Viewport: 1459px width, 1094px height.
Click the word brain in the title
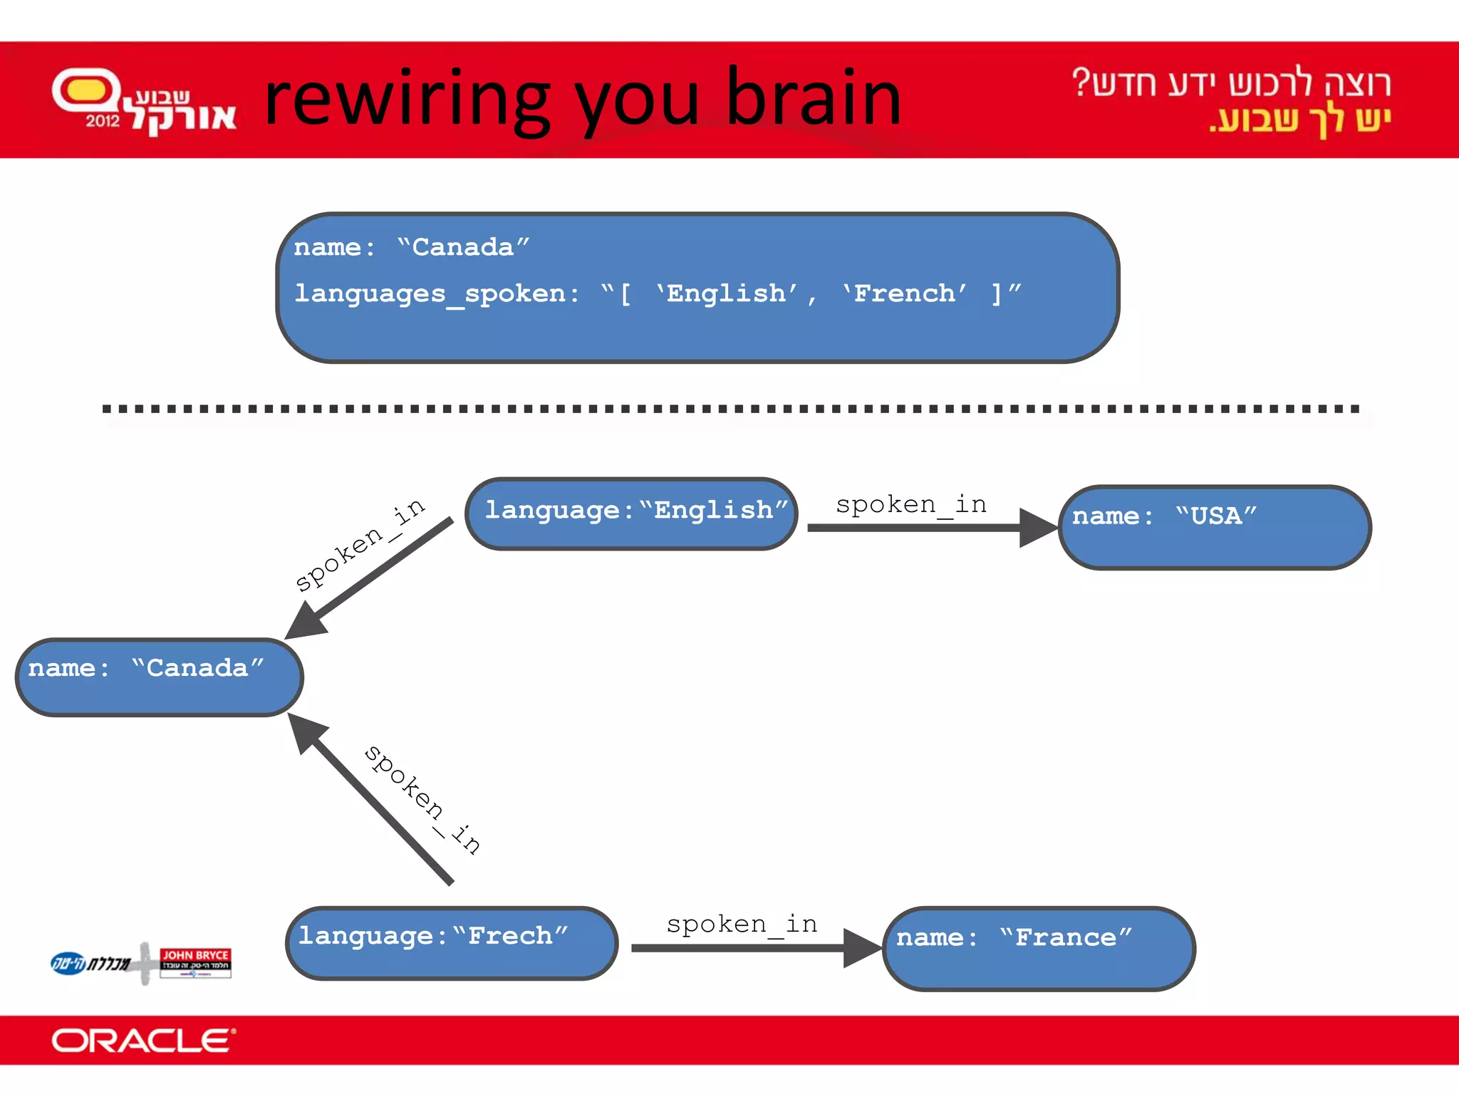coord(814,98)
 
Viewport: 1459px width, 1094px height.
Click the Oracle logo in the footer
coord(142,1041)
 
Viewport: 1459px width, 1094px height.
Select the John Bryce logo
coord(195,962)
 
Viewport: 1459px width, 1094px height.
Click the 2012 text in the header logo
coord(103,120)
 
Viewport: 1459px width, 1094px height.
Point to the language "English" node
coord(631,513)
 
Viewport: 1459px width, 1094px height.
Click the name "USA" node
coord(1215,528)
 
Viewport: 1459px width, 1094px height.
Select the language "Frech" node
coord(451,942)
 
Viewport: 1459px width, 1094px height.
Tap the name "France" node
coord(1039,948)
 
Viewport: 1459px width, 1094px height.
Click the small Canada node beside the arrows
coord(159,677)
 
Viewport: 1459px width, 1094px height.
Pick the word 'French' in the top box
coord(903,293)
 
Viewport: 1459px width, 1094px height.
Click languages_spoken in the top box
coord(430,293)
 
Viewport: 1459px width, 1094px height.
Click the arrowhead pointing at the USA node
coord(1037,528)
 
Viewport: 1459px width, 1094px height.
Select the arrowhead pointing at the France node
coord(862,948)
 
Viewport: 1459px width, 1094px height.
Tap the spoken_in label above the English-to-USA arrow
coord(910,505)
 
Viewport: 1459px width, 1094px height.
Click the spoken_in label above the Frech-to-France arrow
coord(741,924)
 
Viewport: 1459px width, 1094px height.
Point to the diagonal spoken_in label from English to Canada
coord(360,545)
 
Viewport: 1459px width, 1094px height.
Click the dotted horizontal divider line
coord(729,409)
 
